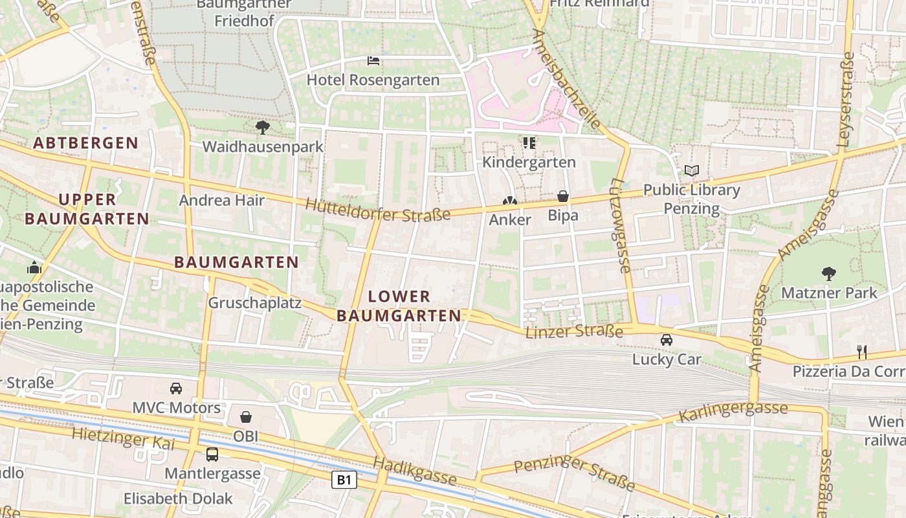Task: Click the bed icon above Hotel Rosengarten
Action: (373, 61)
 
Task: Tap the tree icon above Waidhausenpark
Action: (262, 127)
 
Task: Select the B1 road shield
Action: (344, 480)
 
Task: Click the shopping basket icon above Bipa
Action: (563, 196)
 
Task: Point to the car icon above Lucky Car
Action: (666, 339)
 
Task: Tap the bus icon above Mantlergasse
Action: (212, 454)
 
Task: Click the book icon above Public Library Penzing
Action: (692, 170)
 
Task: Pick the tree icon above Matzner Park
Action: (828, 273)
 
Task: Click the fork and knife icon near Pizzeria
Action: (861, 352)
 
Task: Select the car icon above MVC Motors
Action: (175, 388)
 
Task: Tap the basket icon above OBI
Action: (245, 417)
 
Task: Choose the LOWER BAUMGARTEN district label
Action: (399, 306)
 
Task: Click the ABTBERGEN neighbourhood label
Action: (85, 143)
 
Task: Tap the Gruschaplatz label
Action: (254, 303)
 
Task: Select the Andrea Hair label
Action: (221, 200)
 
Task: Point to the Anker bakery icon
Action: (510, 201)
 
